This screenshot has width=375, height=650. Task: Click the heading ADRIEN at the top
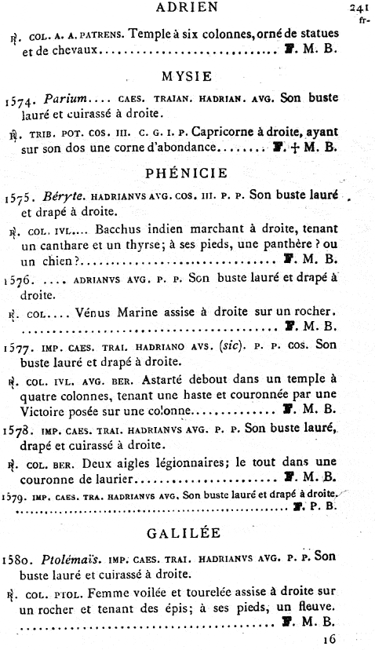point(186,9)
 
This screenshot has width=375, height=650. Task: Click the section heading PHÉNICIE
point(186,172)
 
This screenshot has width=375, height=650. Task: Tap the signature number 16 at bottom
point(328,638)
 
